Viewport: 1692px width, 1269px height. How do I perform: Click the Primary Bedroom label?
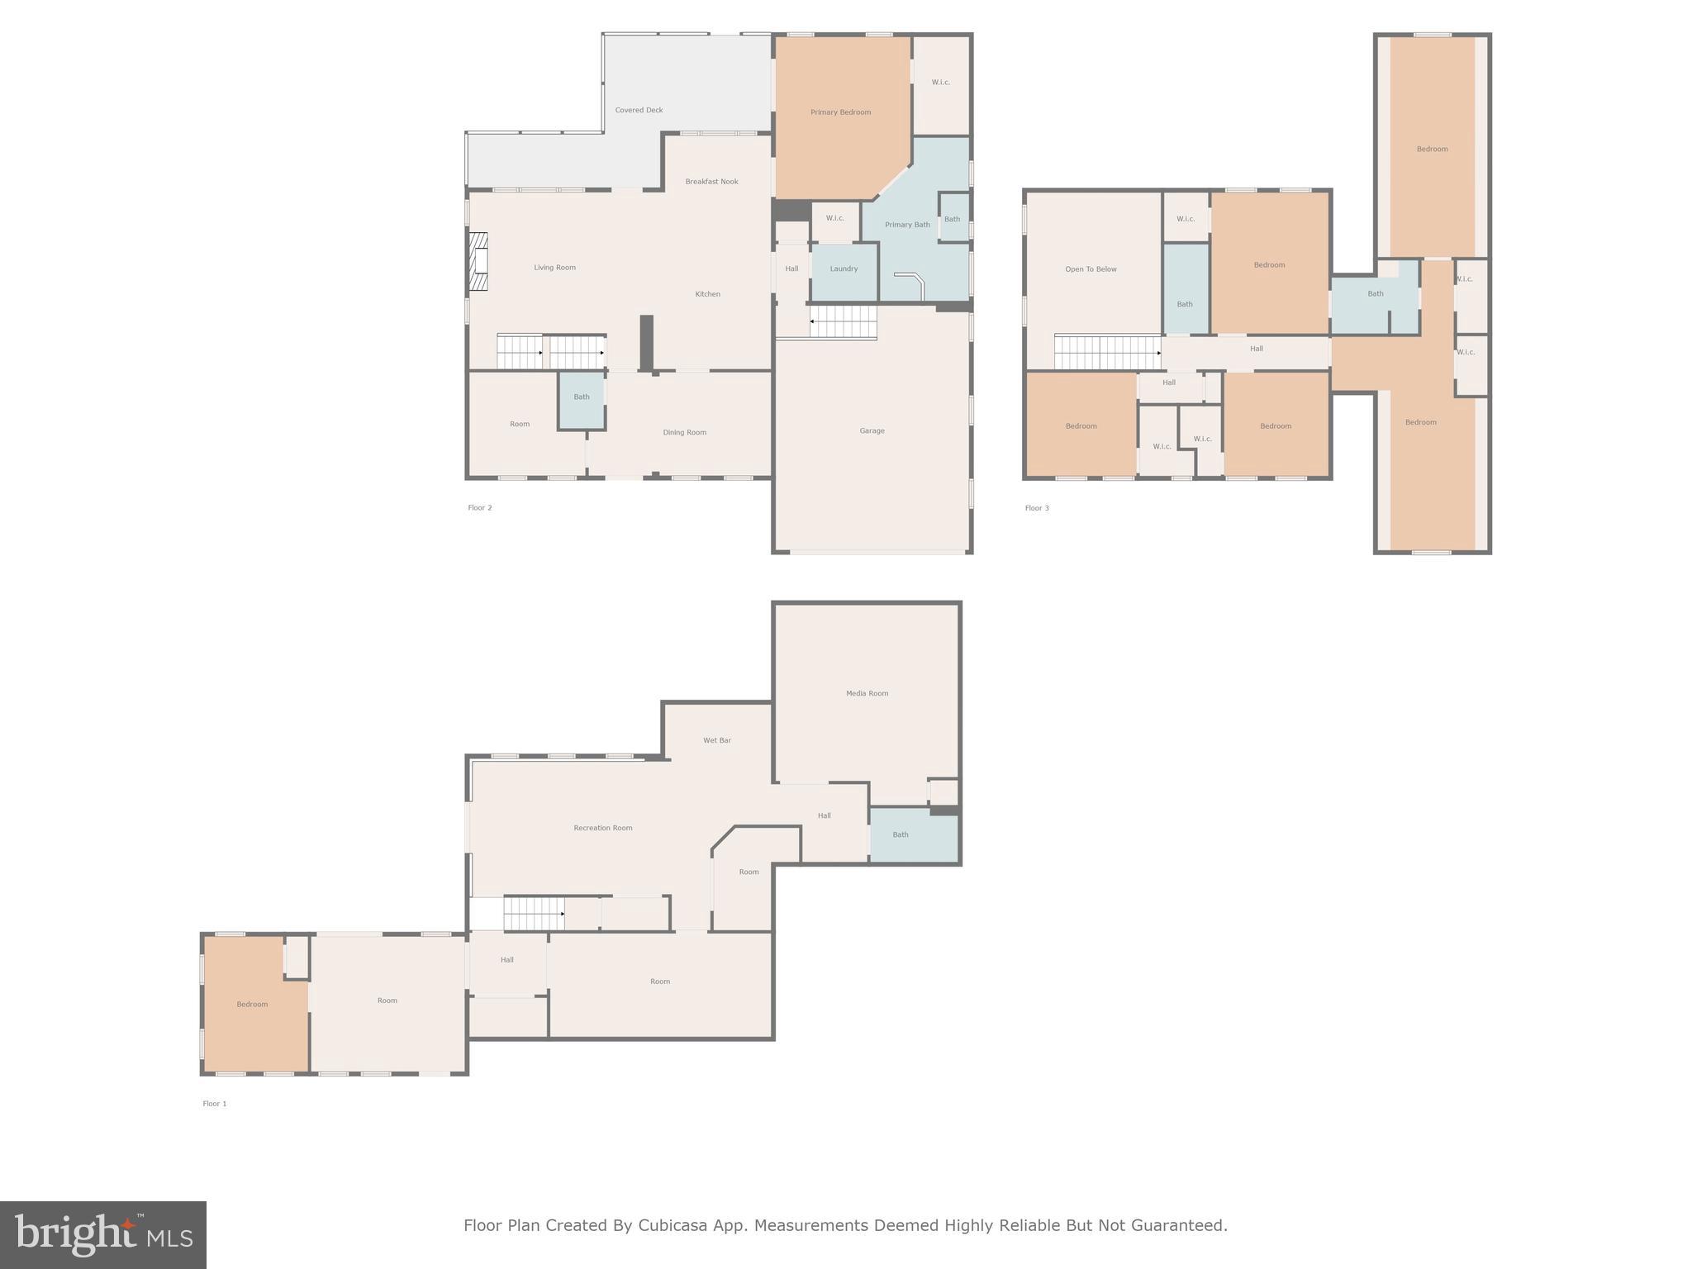[840, 112]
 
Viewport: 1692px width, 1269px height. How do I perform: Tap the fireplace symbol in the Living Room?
[478, 262]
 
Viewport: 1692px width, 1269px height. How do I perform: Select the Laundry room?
[844, 269]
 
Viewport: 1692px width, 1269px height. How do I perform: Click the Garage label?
[872, 430]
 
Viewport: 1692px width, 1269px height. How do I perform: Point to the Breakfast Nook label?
[711, 182]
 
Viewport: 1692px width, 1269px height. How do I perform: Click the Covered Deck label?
[639, 110]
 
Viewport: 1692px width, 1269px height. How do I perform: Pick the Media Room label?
[867, 693]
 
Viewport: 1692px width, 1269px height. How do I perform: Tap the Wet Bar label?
[716, 740]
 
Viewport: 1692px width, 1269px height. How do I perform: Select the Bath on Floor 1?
[901, 834]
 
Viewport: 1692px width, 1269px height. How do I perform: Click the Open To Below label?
[1091, 269]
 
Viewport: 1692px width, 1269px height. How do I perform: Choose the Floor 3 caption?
[1037, 508]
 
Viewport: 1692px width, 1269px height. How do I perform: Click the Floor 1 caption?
[215, 1104]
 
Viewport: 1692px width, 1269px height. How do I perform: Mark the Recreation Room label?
[603, 828]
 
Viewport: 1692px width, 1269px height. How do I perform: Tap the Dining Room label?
[684, 432]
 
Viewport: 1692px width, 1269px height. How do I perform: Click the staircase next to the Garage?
[843, 321]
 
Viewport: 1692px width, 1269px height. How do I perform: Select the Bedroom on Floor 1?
[252, 1005]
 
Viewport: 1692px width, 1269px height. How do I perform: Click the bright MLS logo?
[103, 1235]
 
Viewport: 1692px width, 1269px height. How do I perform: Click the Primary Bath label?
[907, 225]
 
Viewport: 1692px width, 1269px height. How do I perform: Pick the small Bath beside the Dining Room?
[582, 397]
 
